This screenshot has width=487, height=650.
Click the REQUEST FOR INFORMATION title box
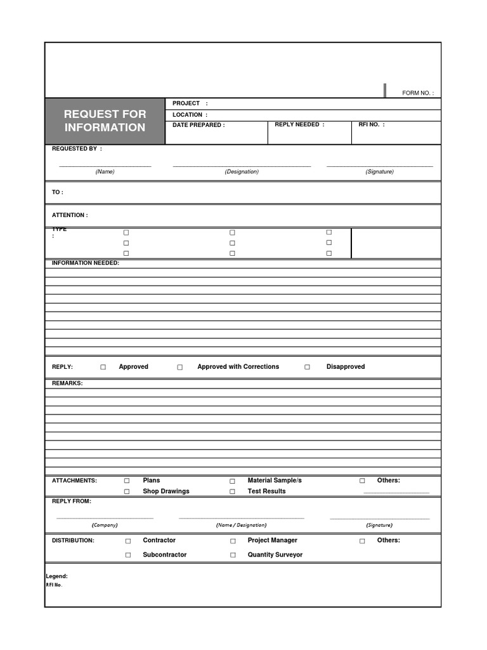click(105, 121)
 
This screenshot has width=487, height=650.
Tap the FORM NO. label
click(418, 93)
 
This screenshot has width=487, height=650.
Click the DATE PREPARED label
click(198, 125)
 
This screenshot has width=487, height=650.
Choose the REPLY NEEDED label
click(299, 124)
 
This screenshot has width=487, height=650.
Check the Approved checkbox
click(103, 367)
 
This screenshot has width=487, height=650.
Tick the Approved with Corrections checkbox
click(180, 367)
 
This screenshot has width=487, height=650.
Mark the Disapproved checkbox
click(308, 367)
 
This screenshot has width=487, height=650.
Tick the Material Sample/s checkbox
click(232, 481)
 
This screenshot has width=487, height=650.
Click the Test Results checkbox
click(232, 491)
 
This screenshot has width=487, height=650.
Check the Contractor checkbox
click(128, 541)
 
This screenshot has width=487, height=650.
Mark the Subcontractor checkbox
click(128, 555)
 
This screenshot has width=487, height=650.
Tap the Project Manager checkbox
click(233, 541)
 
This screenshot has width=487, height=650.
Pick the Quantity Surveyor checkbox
click(233, 555)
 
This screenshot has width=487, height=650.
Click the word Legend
click(57, 576)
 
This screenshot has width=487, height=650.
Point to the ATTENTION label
click(70, 215)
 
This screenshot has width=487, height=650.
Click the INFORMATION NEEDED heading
click(86, 263)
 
